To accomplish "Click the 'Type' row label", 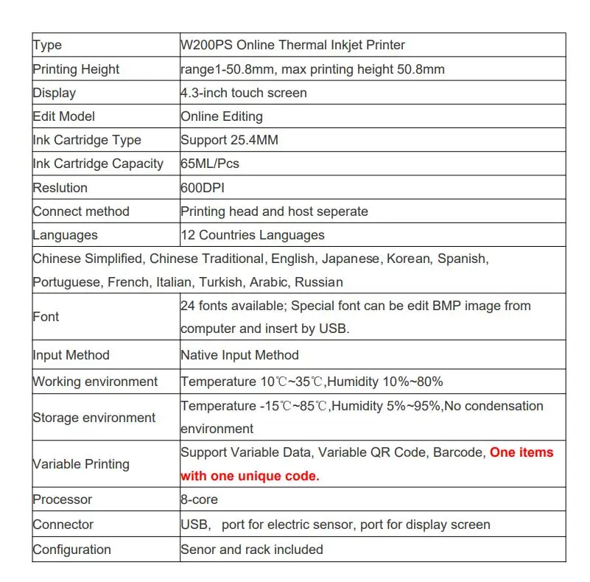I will [47, 46].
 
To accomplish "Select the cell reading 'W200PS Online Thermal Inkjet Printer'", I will [292, 46].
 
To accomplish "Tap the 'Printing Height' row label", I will [76, 69].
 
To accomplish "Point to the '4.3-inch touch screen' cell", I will [243, 93].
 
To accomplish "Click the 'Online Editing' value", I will [221, 116].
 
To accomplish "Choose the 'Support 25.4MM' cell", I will [229, 140].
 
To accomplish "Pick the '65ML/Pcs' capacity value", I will [209, 164].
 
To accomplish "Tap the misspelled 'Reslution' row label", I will [60, 188].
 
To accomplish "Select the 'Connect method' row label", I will [81, 211].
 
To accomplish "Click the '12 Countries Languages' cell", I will [252, 235].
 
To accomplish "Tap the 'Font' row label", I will [46, 317].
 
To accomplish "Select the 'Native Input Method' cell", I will [239, 355].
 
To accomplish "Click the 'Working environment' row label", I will [95, 382].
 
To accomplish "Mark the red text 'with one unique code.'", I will [250, 476].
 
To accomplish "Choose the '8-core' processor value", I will [199, 499].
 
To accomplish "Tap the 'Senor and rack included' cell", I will [251, 550].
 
